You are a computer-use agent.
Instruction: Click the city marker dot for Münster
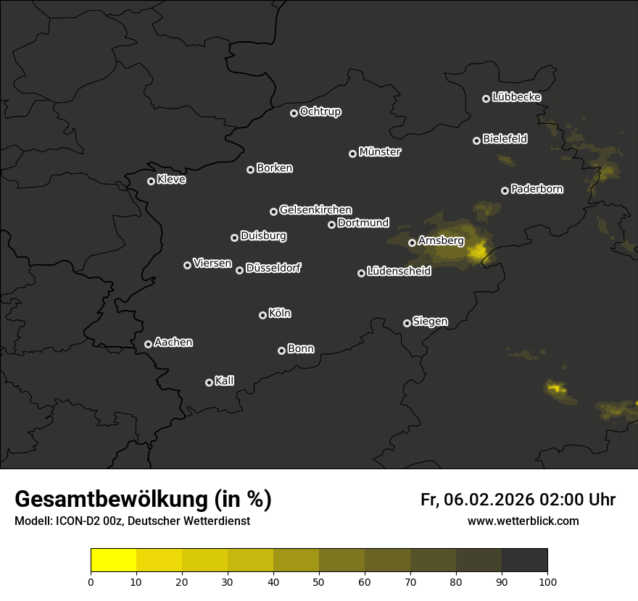[x=353, y=154]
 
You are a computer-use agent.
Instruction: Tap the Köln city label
[x=280, y=314]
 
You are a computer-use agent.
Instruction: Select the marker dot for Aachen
[x=149, y=344]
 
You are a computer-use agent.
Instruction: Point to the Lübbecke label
[x=516, y=97]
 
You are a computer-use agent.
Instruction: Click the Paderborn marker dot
[x=505, y=190]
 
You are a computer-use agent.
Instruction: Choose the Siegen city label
[x=430, y=321]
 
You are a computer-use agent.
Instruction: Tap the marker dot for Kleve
[x=152, y=181]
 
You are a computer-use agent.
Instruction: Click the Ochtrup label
[x=320, y=112]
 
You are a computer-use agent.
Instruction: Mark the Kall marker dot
[x=210, y=382]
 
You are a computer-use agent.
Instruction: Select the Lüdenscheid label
[x=399, y=272]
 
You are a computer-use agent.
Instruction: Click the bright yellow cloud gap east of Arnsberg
[x=478, y=251]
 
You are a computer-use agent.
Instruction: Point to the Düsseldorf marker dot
[x=240, y=270]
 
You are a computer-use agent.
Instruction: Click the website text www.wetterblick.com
[x=523, y=521]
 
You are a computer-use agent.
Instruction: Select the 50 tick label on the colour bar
[x=319, y=581]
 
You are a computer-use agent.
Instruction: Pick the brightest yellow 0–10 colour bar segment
[x=114, y=560]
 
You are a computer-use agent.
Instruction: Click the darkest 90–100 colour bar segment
[x=524, y=560]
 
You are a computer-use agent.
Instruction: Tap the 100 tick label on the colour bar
[x=547, y=581]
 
